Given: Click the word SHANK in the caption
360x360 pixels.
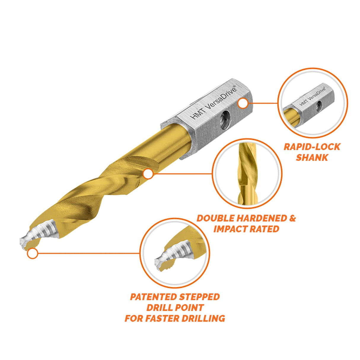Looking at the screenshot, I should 312,157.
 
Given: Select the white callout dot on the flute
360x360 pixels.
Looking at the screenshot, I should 148,174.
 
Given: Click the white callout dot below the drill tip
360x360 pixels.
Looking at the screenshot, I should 32,254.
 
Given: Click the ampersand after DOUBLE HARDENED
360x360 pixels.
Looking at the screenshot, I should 292,218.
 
